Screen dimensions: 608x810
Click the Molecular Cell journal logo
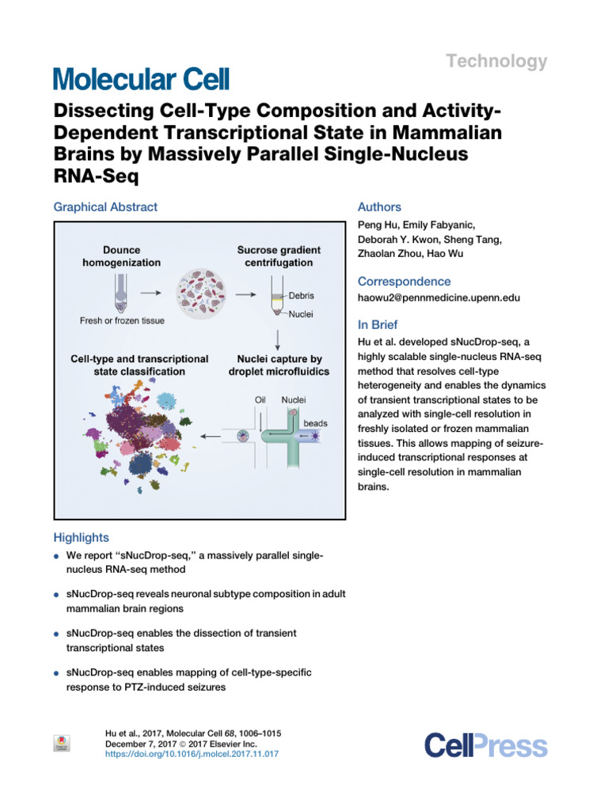click(141, 78)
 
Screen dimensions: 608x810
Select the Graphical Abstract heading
click(105, 207)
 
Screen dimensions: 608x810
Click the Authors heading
click(380, 207)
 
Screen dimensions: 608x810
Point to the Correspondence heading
click(405, 282)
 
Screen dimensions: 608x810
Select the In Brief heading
click(378, 325)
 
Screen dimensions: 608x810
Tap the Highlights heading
click(81, 538)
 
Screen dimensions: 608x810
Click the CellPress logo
click(485, 745)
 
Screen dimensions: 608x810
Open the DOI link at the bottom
click(192, 755)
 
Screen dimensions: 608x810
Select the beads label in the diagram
click(314, 423)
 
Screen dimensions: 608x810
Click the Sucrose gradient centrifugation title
click(275, 255)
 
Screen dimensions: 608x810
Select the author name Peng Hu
click(380, 225)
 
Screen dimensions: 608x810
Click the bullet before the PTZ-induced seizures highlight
click(57, 672)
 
